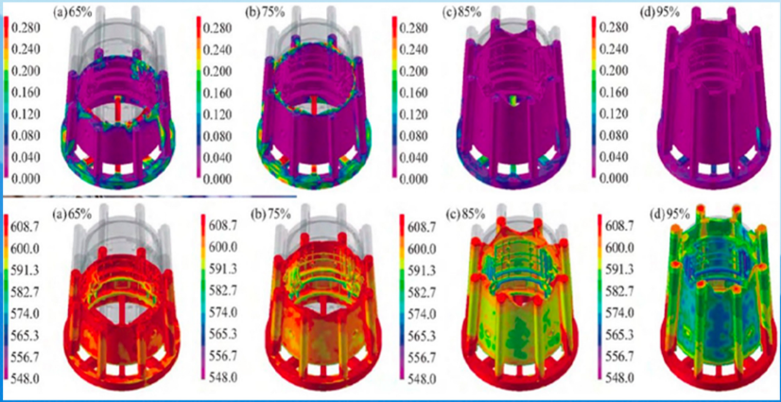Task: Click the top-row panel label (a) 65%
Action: click(71, 13)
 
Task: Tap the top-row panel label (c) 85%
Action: click(461, 13)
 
